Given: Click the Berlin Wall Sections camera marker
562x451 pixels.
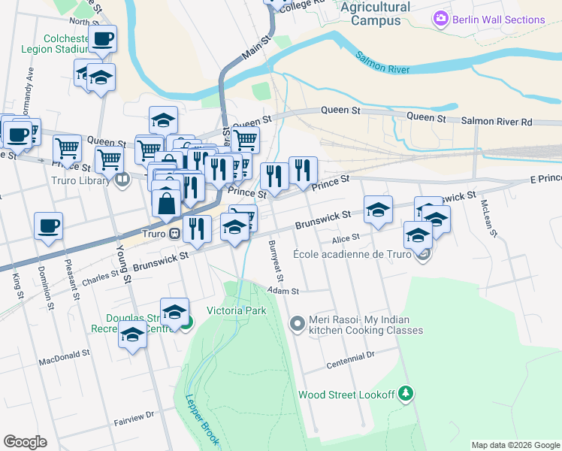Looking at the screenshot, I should pyautogui.click(x=441, y=20).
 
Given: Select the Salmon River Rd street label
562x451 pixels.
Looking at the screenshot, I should pyautogui.click(x=496, y=121).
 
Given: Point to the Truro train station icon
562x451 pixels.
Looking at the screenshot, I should pyautogui.click(x=174, y=233).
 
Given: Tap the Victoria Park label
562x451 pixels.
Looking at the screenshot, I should pyautogui.click(x=237, y=310).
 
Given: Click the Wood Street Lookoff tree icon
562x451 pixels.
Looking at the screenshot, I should pyautogui.click(x=406, y=393).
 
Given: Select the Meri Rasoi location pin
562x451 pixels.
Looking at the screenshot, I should pyautogui.click(x=298, y=324).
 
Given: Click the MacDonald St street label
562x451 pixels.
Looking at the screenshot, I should pyautogui.click(x=65, y=356).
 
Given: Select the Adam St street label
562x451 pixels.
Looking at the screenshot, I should pyautogui.click(x=283, y=291).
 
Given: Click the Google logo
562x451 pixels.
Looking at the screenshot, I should pyautogui.click(x=25, y=442).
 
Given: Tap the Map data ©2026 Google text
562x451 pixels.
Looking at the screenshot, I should pyautogui.click(x=515, y=445).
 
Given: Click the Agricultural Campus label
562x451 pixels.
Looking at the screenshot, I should pyautogui.click(x=376, y=14).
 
